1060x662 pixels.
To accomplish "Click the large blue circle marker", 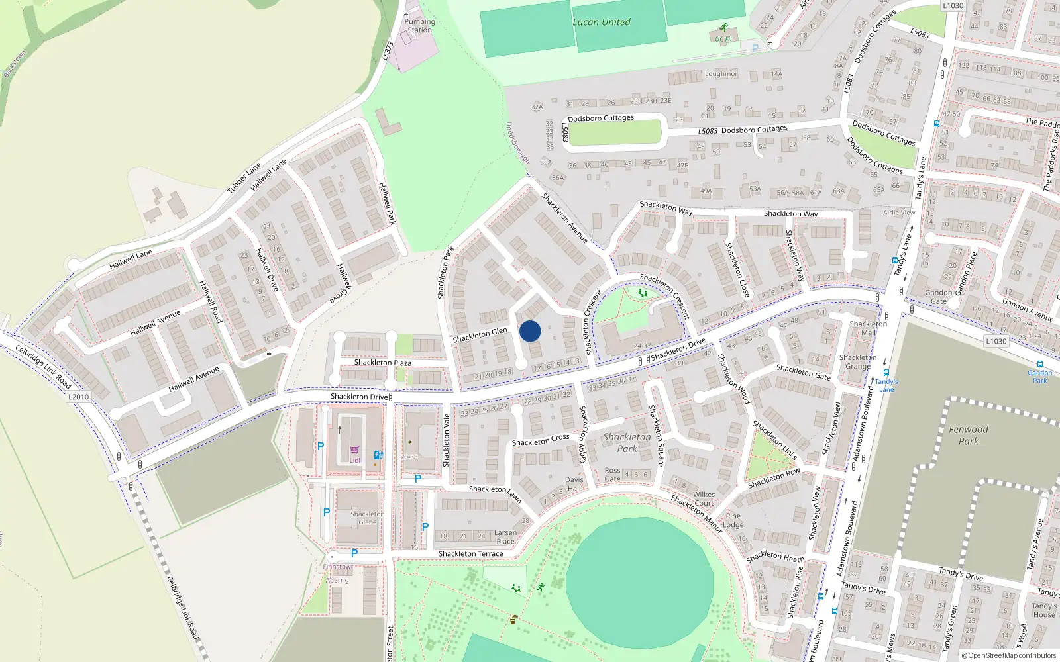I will coord(530,331).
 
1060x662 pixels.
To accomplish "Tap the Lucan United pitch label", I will coord(602,22).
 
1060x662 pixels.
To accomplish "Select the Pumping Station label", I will coord(419,26).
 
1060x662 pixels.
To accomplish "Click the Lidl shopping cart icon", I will coord(354,450).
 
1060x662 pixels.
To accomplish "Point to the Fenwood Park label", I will coord(968,435).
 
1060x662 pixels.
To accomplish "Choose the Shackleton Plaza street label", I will coord(382,363).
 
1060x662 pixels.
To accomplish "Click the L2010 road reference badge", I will coord(78,397).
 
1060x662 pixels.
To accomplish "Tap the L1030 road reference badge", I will coord(996,341).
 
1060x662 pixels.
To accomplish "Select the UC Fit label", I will coord(723,39).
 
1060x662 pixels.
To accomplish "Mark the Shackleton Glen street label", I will coord(480,335).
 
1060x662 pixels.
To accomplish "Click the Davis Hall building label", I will coord(574,484).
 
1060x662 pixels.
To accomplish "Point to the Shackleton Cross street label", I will coord(540,440).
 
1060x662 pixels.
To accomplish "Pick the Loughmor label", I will coord(721,74).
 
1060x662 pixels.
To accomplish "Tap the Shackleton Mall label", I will coord(868,328).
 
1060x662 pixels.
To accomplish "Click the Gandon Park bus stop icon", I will coord(1039,364).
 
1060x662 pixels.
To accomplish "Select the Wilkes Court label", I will coord(704,498).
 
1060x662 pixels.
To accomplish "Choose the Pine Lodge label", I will coord(733,520).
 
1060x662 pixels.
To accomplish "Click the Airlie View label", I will coord(898,213).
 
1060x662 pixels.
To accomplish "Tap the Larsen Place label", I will coord(505,537).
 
